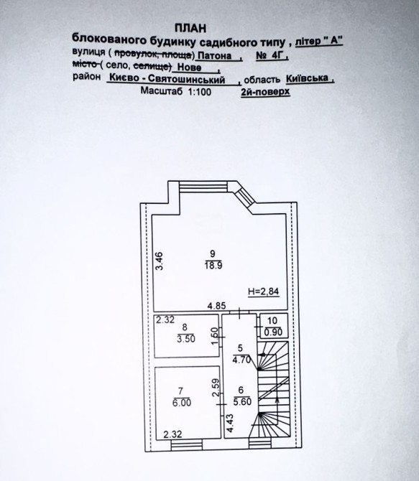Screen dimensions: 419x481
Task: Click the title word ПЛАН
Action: [190, 28]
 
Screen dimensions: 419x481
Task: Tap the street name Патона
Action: [214, 55]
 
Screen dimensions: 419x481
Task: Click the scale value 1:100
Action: [199, 91]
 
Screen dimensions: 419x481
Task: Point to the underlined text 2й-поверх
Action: [265, 91]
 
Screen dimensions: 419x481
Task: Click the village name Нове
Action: [190, 67]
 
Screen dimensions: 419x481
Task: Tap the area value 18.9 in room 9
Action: [213, 266]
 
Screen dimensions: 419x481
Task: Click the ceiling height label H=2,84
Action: [264, 291]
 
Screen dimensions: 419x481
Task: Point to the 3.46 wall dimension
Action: [159, 261]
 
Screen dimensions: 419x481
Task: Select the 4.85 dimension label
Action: [216, 306]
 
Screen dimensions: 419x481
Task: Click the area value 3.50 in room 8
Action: [186, 339]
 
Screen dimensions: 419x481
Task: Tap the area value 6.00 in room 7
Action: [182, 403]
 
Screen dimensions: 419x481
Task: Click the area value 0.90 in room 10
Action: [273, 332]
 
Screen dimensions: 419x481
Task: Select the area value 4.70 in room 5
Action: [241, 360]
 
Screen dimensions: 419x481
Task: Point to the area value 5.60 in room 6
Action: [242, 401]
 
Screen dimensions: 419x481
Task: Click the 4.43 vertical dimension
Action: [230, 424]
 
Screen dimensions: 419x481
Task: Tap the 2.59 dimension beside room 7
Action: [216, 388]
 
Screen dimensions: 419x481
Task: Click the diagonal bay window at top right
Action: [244, 197]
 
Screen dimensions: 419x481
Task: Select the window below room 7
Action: [186, 445]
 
